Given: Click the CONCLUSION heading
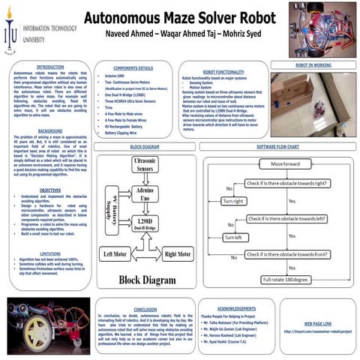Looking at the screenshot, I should [x=145, y=309].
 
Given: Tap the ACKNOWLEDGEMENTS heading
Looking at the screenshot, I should [x=235, y=308].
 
